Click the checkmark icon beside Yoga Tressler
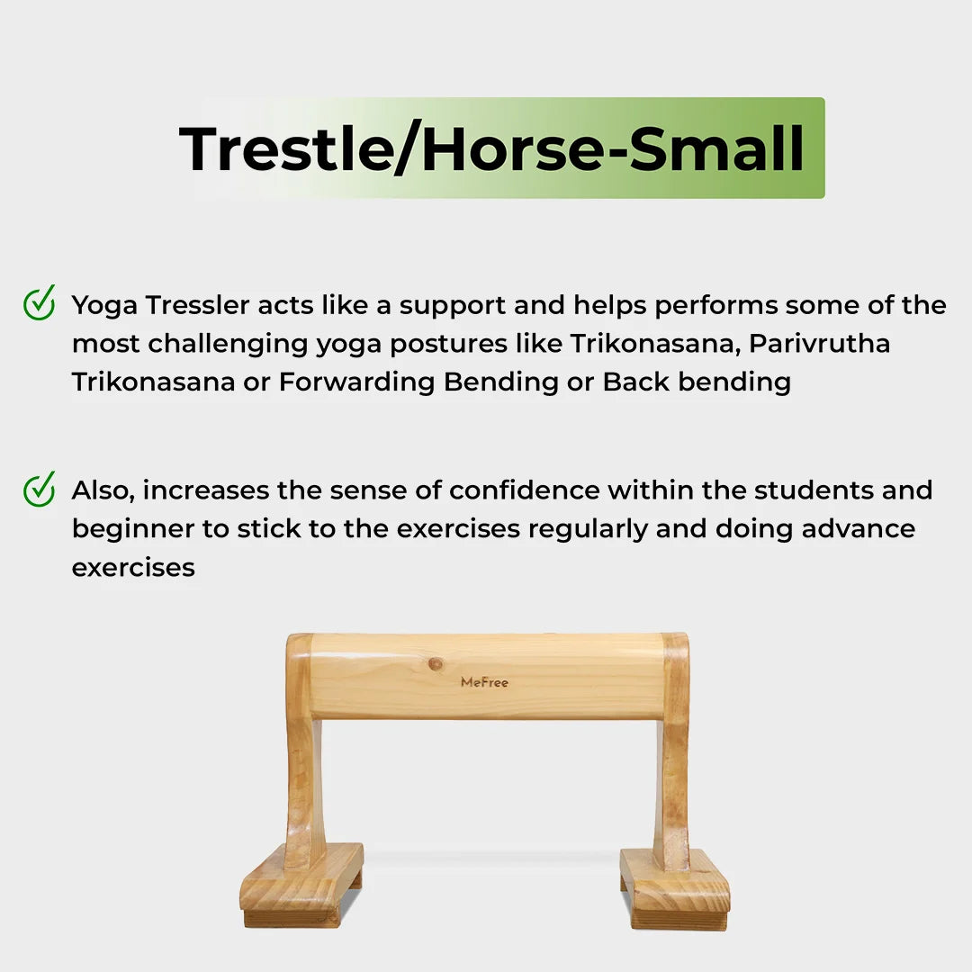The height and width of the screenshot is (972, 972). (x=39, y=303)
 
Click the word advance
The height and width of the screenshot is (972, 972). (x=859, y=528)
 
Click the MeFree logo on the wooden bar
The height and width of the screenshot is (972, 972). (x=484, y=682)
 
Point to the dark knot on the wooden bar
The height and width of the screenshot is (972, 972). (x=436, y=664)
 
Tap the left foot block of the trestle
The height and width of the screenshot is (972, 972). (x=301, y=886)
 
